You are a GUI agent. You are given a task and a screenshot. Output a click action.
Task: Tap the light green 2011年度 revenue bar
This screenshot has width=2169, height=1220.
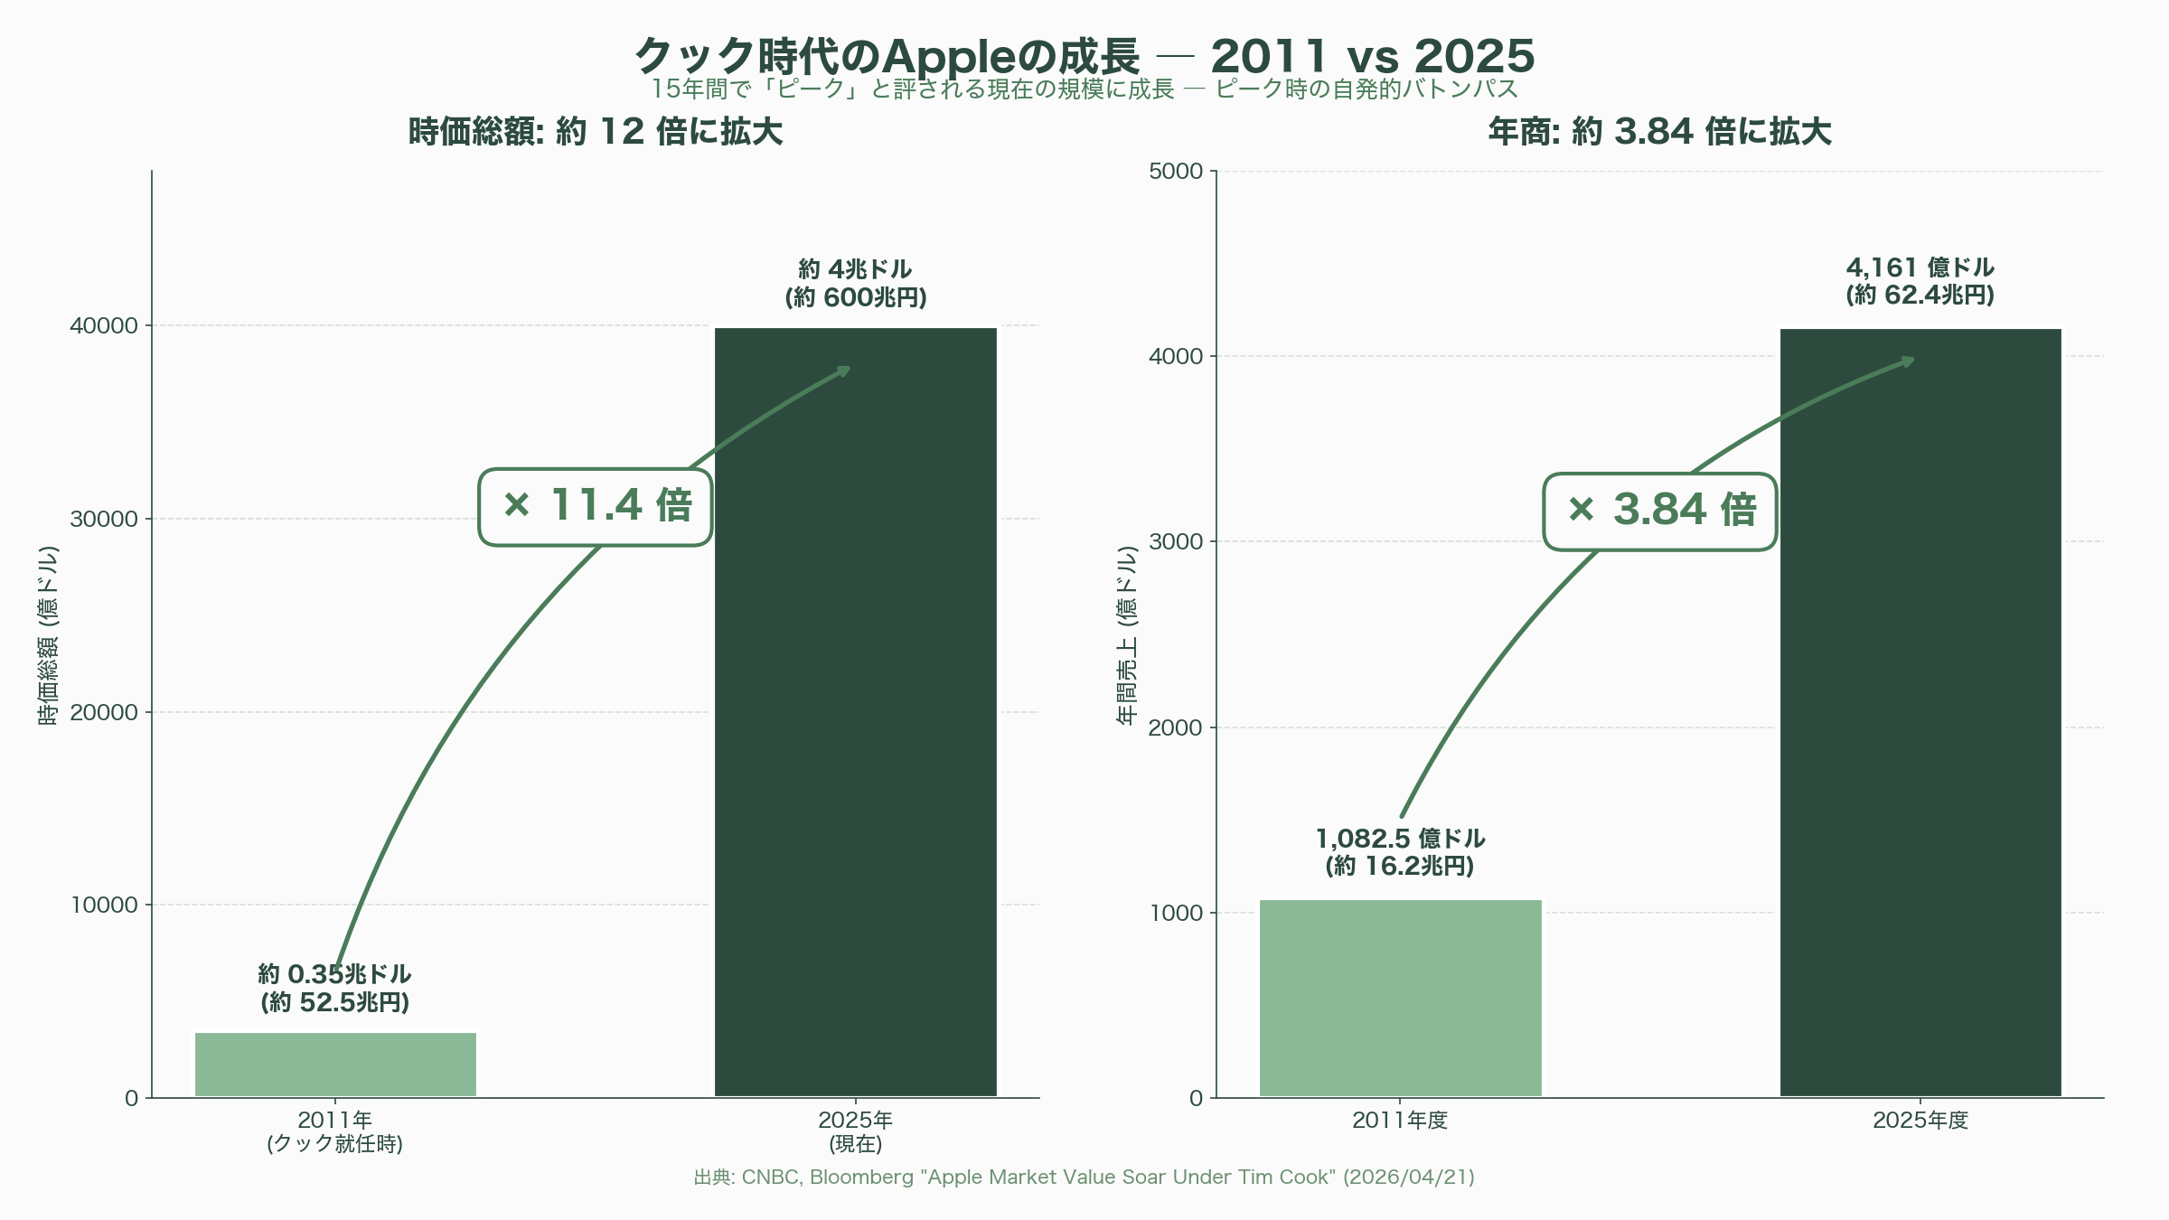tap(1400, 998)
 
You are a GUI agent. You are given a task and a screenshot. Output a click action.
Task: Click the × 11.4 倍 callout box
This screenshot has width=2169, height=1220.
tap(596, 507)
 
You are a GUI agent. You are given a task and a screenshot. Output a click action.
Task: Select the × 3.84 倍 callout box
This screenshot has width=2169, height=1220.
tap(1660, 511)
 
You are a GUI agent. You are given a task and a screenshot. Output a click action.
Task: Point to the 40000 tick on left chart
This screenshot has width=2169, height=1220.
tap(104, 325)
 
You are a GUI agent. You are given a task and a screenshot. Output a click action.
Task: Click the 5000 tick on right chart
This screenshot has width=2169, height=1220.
tap(1176, 171)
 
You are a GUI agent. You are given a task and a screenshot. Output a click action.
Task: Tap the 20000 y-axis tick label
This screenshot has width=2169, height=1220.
tap(104, 712)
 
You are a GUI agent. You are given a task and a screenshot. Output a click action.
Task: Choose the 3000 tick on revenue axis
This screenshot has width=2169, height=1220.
tap(1176, 541)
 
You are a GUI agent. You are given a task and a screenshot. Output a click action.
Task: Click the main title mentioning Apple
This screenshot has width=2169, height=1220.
tap(1084, 56)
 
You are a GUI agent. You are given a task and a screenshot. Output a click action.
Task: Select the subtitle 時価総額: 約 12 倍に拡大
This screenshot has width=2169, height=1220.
tap(596, 132)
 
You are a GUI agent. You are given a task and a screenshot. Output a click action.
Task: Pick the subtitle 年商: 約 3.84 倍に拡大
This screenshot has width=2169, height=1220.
tap(1659, 132)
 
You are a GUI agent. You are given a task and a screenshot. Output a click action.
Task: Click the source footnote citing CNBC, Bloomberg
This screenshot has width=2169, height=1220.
tap(1084, 1177)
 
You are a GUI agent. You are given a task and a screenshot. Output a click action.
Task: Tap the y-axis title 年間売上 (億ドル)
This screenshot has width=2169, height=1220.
tap(1127, 634)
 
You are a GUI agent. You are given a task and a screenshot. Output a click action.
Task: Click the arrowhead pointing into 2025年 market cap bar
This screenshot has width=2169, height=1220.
tap(845, 370)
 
